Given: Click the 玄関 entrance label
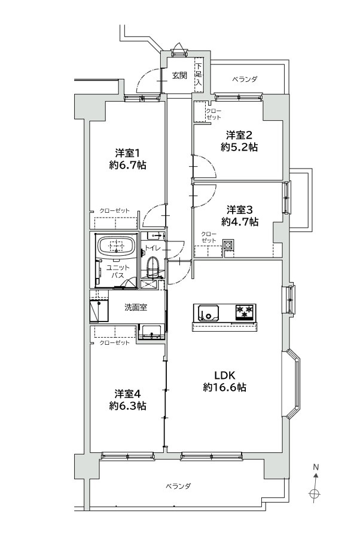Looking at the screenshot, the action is (x=179, y=75).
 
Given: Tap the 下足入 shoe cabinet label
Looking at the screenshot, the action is (x=199, y=74).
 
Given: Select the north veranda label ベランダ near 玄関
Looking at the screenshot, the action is (x=245, y=79).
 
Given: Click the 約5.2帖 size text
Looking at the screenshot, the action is (x=239, y=147).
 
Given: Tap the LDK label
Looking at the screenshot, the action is (x=225, y=375).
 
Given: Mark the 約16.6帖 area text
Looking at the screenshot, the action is (x=225, y=387).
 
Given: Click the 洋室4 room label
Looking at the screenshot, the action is (x=127, y=394).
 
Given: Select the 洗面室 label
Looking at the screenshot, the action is (x=136, y=307).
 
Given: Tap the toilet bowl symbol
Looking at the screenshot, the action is (x=152, y=267).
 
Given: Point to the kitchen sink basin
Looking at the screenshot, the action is (x=208, y=313).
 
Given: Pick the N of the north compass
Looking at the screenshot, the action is (x=316, y=467).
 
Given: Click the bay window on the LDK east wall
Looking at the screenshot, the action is (x=291, y=384).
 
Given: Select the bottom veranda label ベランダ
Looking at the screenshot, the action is (x=178, y=486).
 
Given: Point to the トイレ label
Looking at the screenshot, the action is (x=152, y=248).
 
